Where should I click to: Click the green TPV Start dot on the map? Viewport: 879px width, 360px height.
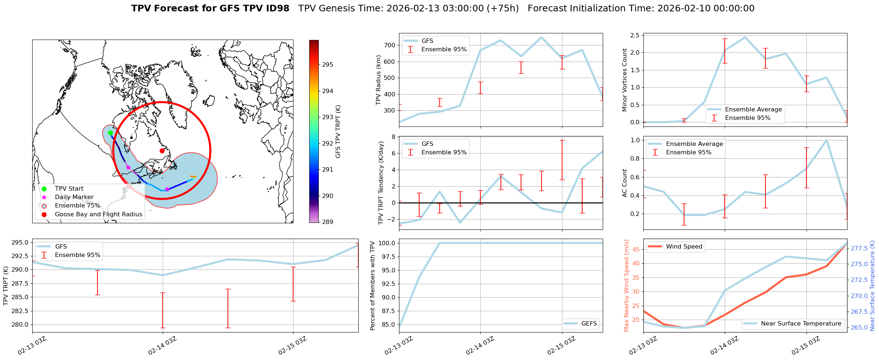[x=110, y=133]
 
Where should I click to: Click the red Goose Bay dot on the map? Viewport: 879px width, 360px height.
[x=162, y=151]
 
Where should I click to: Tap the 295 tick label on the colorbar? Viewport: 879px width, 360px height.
[x=328, y=65]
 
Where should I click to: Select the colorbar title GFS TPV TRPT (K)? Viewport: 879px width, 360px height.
[x=338, y=132]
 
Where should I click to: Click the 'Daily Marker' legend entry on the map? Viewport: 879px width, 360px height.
[x=74, y=197]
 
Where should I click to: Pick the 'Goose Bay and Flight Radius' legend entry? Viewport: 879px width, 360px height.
[x=98, y=214]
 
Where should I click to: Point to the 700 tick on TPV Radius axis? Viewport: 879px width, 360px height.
[x=390, y=45]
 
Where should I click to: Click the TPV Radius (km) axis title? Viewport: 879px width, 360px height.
[x=378, y=80]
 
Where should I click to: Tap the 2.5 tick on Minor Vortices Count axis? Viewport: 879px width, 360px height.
[x=635, y=36]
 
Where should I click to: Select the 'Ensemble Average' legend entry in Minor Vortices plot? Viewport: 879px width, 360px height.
[x=753, y=110]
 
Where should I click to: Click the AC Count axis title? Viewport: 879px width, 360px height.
[x=625, y=183]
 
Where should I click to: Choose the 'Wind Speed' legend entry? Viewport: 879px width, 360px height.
[x=684, y=247]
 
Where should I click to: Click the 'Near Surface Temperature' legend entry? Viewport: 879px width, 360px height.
[x=801, y=324]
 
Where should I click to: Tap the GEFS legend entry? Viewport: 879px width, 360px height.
[x=589, y=324]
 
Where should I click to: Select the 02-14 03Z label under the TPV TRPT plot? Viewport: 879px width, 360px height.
[x=162, y=346]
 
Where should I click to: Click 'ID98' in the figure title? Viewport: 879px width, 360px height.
[x=277, y=8]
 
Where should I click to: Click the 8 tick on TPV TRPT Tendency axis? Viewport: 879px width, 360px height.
[x=393, y=137]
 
